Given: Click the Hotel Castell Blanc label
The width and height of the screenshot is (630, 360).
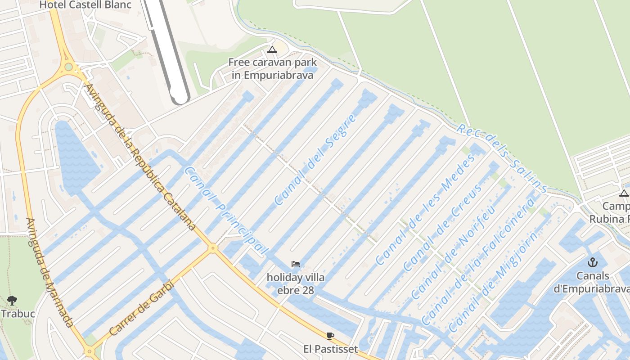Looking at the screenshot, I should [85, 5].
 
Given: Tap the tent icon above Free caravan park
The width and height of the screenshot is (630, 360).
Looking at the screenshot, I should [272, 49].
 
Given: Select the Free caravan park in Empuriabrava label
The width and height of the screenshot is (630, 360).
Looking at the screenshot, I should [272, 69].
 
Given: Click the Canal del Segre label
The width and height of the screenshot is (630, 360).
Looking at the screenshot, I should [315, 160].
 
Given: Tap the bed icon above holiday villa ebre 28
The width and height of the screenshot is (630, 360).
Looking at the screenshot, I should [295, 264].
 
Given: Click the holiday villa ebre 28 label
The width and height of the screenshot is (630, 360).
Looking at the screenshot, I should [295, 283].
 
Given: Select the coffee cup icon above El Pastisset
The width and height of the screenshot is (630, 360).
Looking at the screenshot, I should [330, 336].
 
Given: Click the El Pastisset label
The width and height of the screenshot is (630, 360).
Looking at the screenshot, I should [330, 349].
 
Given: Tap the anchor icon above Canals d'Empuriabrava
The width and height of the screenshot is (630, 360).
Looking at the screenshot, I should [593, 262].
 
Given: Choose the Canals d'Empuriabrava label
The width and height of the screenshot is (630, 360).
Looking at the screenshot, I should [593, 282].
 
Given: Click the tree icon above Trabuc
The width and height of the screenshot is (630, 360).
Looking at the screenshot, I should [13, 300].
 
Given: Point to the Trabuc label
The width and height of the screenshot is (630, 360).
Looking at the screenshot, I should [18, 313].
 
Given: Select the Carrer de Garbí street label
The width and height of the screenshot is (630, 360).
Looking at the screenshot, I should [141, 309].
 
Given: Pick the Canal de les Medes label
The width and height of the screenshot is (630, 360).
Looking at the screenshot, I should [425, 209].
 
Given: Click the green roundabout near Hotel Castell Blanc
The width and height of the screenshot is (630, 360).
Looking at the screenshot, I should [68, 67].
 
